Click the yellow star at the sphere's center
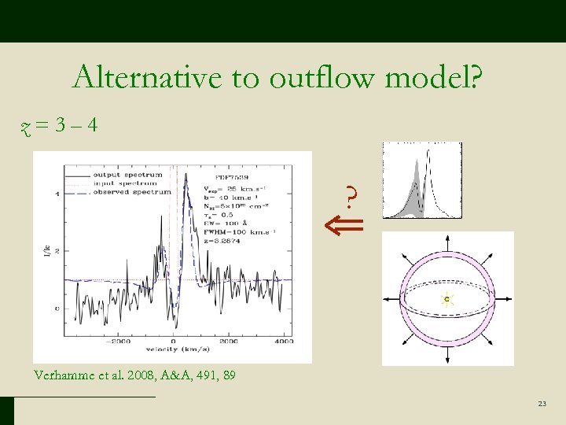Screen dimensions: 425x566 (x=447, y=299)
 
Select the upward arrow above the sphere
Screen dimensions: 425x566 (x=447, y=239)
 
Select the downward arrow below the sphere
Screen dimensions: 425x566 (x=447, y=359)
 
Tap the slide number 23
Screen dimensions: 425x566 (x=542, y=404)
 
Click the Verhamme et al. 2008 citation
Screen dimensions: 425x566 (x=134, y=375)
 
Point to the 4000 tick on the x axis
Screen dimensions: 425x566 (x=284, y=342)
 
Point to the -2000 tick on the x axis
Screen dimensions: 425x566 (x=119, y=342)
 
